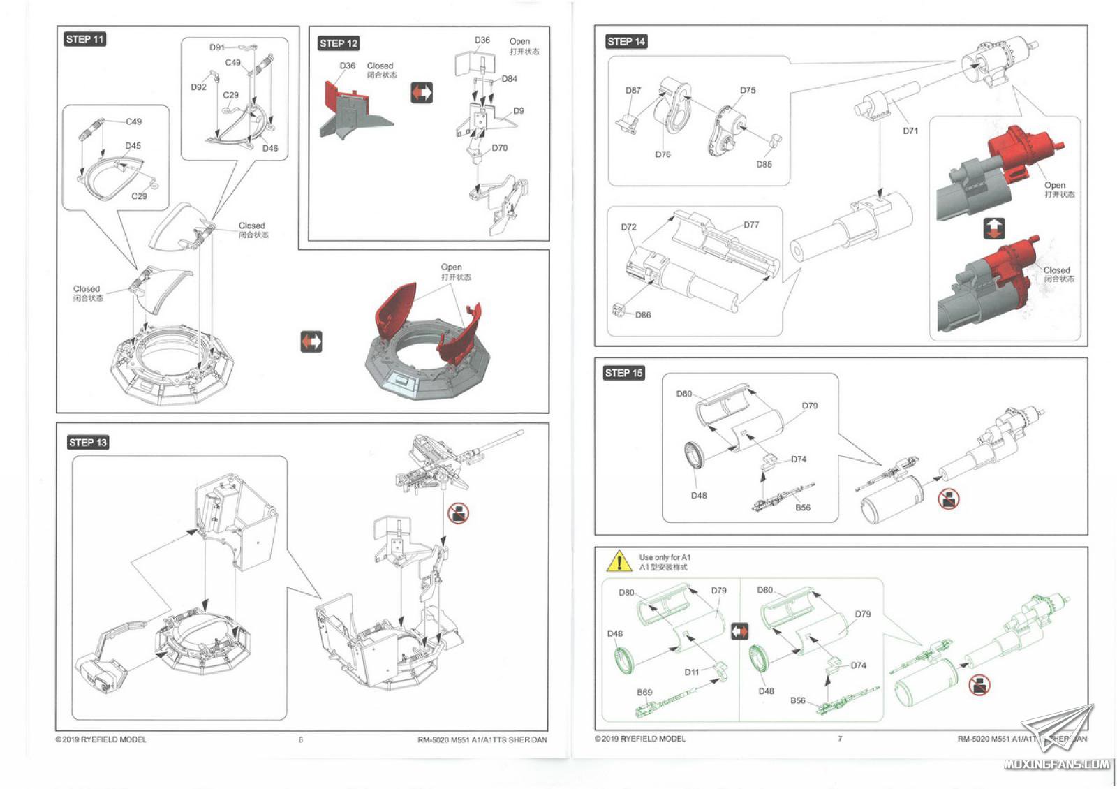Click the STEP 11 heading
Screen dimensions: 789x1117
84,39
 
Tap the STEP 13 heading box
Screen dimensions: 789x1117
88,442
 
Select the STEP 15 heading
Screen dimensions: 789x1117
623,373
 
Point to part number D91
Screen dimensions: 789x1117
217,47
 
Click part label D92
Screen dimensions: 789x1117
198,87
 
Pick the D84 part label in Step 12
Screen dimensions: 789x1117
509,79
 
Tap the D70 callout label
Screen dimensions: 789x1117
499,148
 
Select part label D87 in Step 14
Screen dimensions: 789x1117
633,91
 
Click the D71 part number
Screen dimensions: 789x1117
910,131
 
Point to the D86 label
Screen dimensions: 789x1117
643,315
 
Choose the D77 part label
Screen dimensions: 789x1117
751,225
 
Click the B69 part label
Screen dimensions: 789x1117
644,693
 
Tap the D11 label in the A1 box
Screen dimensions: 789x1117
691,672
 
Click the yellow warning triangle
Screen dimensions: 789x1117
619,561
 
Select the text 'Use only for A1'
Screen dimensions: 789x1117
665,557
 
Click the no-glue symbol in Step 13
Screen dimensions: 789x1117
458,514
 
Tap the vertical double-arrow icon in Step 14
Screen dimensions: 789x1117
994,228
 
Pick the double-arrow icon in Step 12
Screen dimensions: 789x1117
422,92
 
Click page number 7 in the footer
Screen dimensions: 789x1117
840,738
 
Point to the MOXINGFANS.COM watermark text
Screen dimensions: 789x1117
1056,764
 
